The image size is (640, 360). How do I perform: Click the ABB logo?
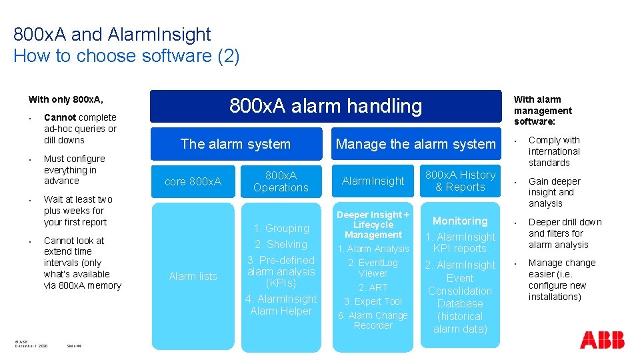(602, 339)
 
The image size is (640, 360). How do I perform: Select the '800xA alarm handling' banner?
(325, 106)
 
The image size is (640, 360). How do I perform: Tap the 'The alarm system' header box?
(235, 144)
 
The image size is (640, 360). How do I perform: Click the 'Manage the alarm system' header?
(415, 144)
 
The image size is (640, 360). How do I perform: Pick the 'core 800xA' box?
(193, 181)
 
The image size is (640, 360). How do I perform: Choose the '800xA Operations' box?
(281, 181)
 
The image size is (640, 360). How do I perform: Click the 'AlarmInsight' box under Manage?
(373, 181)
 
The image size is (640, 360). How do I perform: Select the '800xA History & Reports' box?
(460, 181)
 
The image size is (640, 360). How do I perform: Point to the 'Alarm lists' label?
(193, 276)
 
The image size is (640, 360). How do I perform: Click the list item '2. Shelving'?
(281, 244)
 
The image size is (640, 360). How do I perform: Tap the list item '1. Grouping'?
(281, 228)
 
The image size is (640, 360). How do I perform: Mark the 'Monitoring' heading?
(460, 221)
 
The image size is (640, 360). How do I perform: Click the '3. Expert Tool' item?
(373, 301)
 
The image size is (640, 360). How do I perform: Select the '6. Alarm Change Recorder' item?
(373, 320)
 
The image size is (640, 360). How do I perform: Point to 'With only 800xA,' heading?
(65, 99)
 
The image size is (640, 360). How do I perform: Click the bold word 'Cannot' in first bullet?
(60, 117)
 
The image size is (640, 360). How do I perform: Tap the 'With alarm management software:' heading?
(543, 110)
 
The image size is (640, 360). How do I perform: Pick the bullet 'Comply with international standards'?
(554, 151)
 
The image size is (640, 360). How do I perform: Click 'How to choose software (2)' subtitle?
(126, 56)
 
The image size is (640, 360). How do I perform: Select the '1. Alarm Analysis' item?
(373, 249)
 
